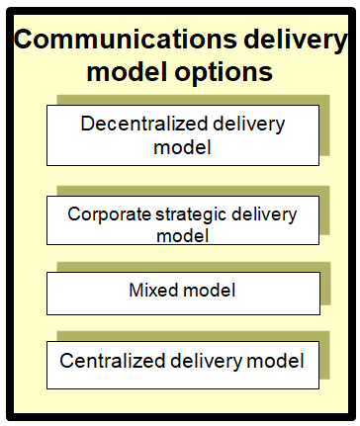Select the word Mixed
point(153,291)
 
